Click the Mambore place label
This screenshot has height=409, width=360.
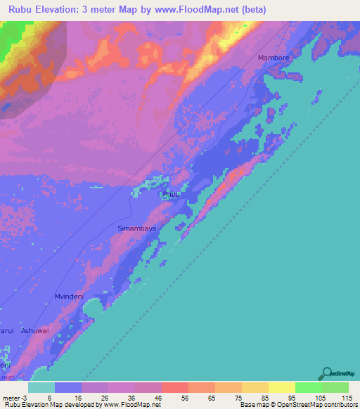(x=274, y=58)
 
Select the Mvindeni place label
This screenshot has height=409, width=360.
(x=69, y=297)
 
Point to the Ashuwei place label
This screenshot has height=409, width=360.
(x=35, y=330)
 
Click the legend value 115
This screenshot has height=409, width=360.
(x=347, y=397)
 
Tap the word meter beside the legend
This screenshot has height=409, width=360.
(x=12, y=397)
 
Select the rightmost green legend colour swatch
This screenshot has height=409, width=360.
(x=335, y=387)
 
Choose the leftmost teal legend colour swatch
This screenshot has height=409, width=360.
(x=41, y=387)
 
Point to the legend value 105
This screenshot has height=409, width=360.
(x=321, y=397)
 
